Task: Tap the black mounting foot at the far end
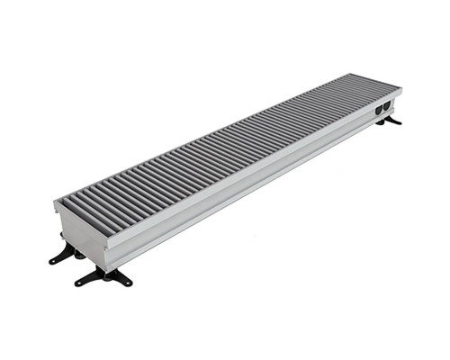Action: (x=389, y=120)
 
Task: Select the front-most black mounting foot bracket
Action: (x=104, y=277)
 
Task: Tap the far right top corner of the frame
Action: (x=401, y=87)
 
